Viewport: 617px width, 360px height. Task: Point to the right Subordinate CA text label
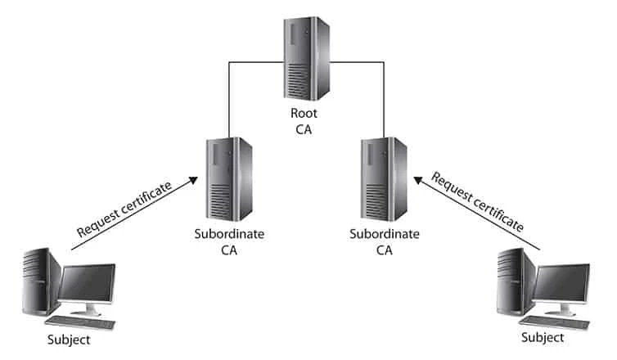coord(383,242)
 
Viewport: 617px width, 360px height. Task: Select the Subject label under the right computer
coord(543,337)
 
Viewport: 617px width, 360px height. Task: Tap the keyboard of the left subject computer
coord(86,322)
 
